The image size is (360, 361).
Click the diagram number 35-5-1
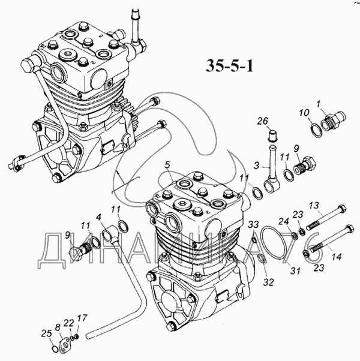click(229, 66)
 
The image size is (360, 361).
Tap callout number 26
click(263, 121)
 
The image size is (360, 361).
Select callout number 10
click(304, 113)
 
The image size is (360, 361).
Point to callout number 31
click(295, 271)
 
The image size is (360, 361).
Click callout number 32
click(269, 282)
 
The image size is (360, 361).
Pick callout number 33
click(253, 224)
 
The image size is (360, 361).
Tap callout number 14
click(335, 257)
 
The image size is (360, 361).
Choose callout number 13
click(314, 205)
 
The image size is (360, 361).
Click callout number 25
click(47, 333)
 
